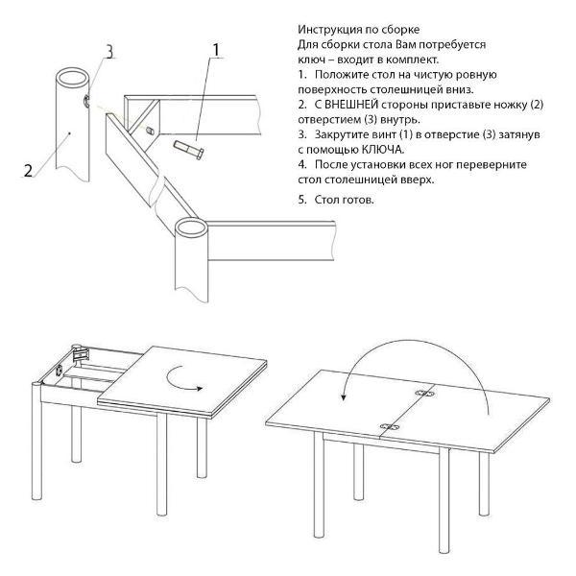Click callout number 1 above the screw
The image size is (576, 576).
point(216,50)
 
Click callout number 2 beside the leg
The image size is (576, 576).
point(28,170)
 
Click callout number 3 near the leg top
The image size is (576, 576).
point(109,52)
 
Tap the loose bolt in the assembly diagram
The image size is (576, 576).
point(189,150)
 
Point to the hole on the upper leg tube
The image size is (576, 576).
point(86,101)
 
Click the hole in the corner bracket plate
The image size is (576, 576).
point(150,130)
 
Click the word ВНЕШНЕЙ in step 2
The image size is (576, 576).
point(346,105)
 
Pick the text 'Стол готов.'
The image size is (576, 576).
point(345,200)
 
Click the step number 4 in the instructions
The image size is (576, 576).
point(302,164)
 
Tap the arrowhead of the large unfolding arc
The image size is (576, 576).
point(343,396)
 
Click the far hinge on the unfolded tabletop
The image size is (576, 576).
point(424,394)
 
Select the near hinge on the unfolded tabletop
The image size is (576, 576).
point(389,427)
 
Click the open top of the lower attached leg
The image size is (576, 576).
point(191,227)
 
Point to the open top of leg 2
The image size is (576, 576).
point(73,77)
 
